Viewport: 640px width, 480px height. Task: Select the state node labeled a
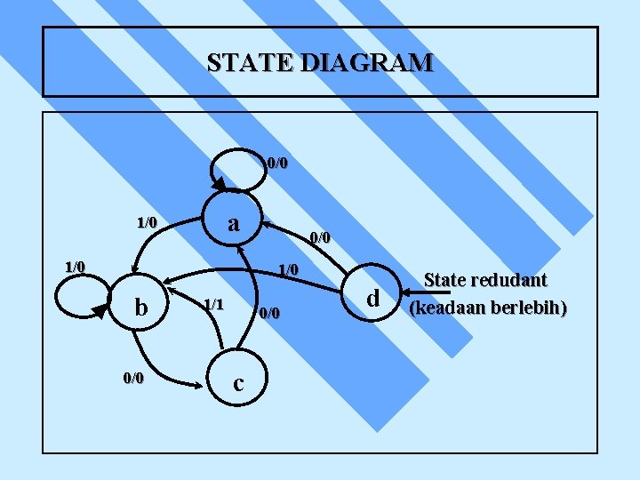pos(233,223)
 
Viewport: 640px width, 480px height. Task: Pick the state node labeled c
pos(238,383)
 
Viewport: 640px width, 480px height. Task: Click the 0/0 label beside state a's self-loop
pos(277,164)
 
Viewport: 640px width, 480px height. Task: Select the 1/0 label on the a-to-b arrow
pos(146,221)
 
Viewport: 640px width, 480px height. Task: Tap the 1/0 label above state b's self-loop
pos(75,267)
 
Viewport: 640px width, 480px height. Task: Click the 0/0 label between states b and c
pos(133,378)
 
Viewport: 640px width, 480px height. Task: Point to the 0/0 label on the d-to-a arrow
pos(319,237)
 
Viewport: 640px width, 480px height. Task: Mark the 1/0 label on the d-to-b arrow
pos(289,269)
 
